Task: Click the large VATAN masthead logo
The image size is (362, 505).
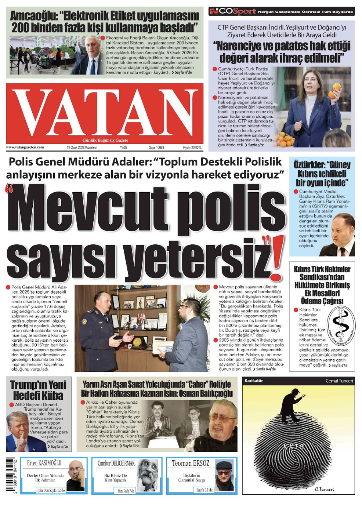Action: point(105,112)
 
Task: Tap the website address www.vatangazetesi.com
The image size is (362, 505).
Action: point(25,148)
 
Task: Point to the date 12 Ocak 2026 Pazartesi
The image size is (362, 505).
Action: point(82,148)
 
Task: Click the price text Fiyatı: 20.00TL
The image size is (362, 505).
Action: point(192,148)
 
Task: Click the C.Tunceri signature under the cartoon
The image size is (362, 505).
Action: point(324,489)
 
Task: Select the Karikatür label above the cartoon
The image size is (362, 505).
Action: point(254,381)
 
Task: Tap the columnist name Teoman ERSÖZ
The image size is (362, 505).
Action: point(191,463)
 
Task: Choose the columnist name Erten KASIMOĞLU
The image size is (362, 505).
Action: point(44,463)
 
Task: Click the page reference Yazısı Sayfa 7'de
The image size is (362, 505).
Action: point(126,490)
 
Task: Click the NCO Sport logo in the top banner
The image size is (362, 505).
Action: point(232,11)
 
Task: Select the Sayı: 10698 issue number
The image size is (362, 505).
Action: point(156,148)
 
